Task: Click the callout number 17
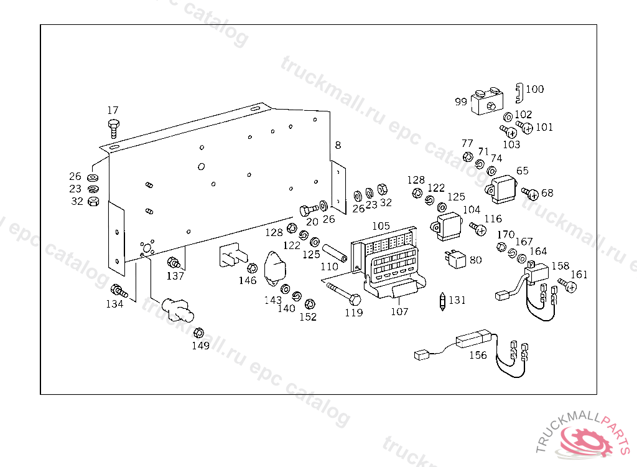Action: (113, 110)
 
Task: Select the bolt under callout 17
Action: (113, 127)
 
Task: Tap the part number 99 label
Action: (461, 101)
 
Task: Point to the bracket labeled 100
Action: (519, 93)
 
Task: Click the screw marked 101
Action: (526, 128)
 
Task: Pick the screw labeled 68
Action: (531, 194)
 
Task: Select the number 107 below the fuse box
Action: (399, 311)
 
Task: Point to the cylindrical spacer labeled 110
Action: (335, 254)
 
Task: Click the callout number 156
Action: (478, 355)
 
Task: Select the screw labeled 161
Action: (569, 286)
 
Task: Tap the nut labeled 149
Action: (199, 333)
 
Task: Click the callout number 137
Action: (175, 276)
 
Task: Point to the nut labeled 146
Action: (252, 268)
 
